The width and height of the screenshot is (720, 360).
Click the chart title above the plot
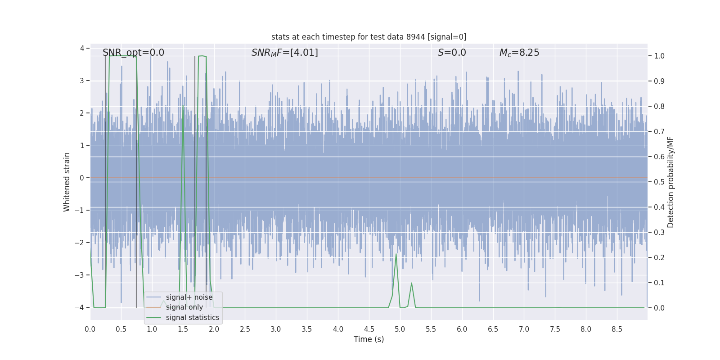[x=369, y=37]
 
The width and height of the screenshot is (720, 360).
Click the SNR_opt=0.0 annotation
[x=133, y=53]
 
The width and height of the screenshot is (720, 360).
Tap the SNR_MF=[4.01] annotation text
[x=284, y=53]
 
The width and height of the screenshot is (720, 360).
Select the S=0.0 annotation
[x=452, y=53]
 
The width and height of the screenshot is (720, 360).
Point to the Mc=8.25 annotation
[x=519, y=53]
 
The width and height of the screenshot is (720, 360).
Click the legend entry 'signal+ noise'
[x=189, y=297]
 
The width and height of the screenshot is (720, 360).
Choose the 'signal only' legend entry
[x=184, y=307]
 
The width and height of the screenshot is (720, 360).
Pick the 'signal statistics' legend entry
[x=192, y=318]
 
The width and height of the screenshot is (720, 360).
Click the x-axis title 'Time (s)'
[x=369, y=339]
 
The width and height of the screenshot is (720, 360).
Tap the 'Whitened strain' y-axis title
[x=67, y=182]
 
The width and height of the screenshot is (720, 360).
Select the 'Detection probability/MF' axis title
[x=670, y=182]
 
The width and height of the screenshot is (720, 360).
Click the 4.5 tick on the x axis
[x=369, y=329]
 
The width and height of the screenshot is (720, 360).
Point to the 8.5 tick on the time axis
[x=617, y=329]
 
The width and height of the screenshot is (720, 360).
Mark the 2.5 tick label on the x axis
[x=245, y=329]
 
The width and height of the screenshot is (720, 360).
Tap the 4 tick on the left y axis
[x=82, y=48]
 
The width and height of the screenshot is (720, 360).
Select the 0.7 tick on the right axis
[x=659, y=131]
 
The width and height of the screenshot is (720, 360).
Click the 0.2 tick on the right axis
[x=659, y=257]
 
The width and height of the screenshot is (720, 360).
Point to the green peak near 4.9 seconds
[x=396, y=255]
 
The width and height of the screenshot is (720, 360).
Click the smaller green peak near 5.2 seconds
[x=411, y=283]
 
